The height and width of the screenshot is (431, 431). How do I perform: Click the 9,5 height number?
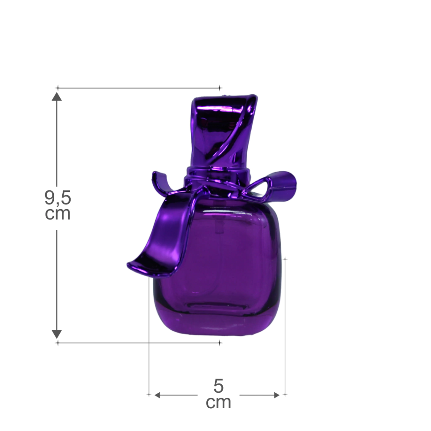[x=58, y=198]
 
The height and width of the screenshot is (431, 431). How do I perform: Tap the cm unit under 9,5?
[x=58, y=213]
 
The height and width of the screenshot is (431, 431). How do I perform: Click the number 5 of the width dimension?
[x=218, y=386]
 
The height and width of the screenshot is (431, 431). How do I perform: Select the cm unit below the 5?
[x=218, y=402]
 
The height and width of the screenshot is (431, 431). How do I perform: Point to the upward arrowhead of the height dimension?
[x=57, y=96]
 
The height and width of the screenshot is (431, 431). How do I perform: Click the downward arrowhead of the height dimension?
[x=57, y=334]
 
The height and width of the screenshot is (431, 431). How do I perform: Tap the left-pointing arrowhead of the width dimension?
[x=157, y=395]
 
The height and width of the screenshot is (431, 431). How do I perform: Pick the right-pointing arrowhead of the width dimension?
[x=277, y=395]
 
